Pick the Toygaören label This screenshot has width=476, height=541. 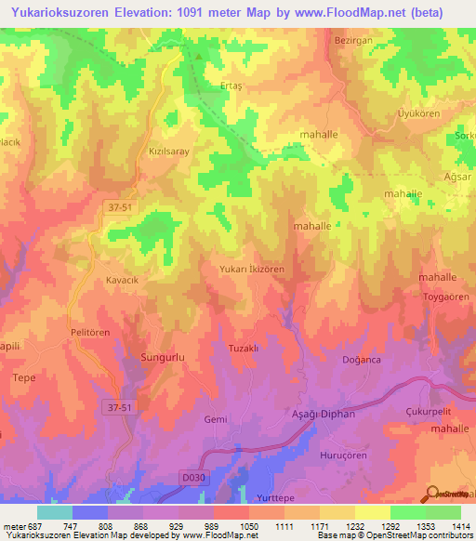coord(446,297)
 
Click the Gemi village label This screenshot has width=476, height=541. coord(216,419)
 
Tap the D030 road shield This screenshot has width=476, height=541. coord(192,478)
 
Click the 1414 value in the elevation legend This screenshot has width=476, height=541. coord(460,525)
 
